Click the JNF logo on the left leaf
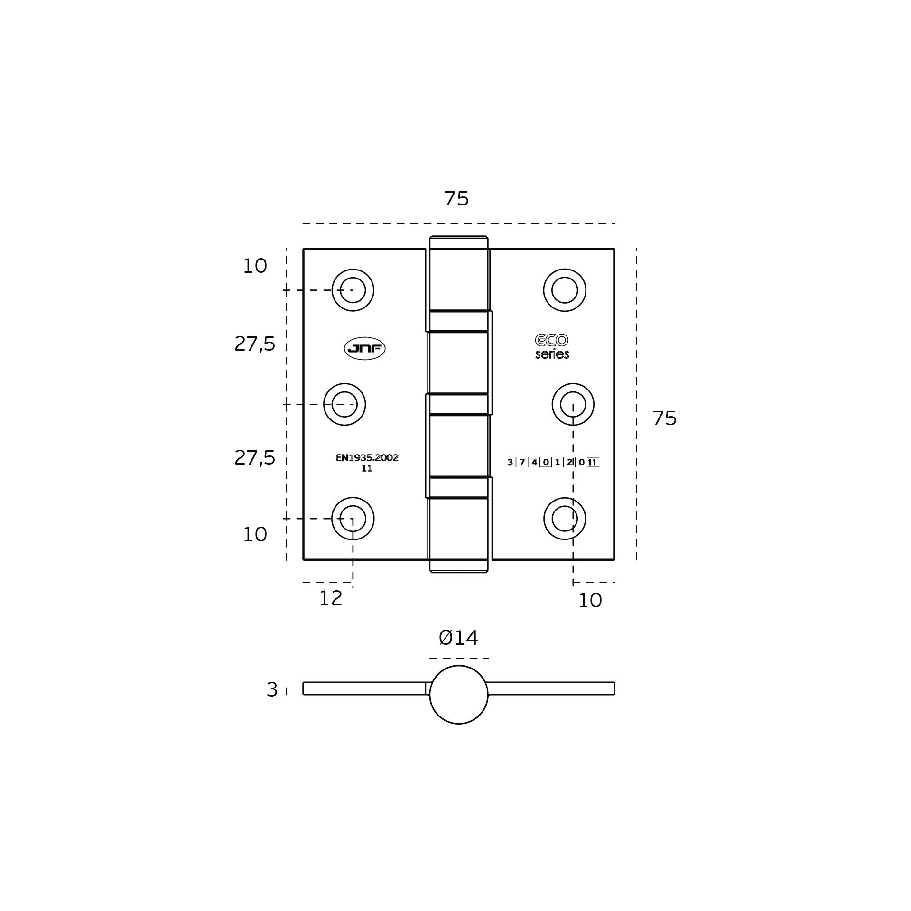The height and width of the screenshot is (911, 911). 364,349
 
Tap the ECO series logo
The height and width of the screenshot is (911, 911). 552,346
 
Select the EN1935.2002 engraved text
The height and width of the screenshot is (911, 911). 367,458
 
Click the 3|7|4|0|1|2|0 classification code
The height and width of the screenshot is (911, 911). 553,462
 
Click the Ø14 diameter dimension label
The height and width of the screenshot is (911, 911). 458,638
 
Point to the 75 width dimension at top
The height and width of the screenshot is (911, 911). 456,199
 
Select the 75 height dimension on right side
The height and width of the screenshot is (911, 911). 664,418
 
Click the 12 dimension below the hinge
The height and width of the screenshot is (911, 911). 331,598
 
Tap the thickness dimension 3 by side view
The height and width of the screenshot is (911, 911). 272,690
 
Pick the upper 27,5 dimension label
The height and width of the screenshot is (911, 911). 255,344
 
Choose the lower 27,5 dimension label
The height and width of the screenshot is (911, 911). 255,458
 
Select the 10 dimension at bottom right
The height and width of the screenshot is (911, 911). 590,601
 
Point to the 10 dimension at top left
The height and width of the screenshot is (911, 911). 255,266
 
